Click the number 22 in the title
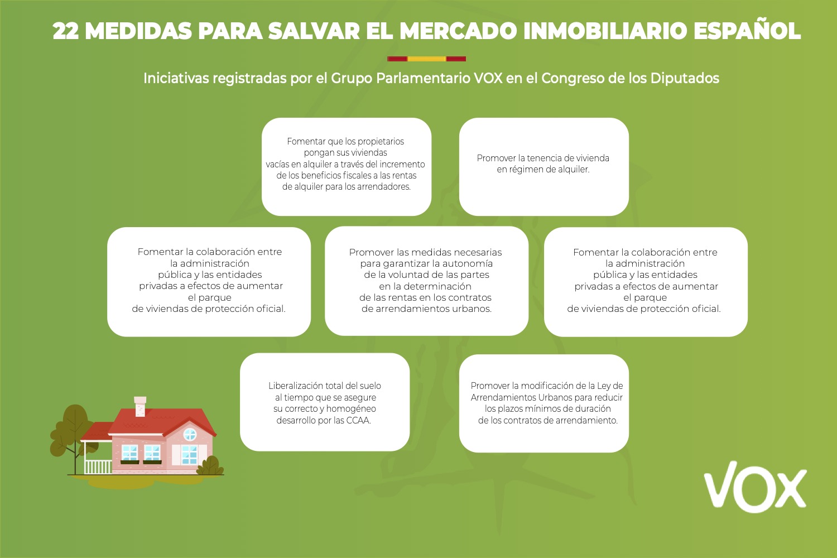[x=66, y=31]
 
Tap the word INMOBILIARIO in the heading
[x=605, y=31]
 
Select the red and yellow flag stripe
[x=426, y=59]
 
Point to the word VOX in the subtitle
[x=488, y=78]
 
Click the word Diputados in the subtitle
[x=685, y=79]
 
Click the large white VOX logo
[x=755, y=487]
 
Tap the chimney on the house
[x=140, y=406]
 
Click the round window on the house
[x=190, y=434]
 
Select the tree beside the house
[x=73, y=435]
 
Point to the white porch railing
[x=98, y=467]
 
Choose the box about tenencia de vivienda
[x=543, y=167]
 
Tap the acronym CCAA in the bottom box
[x=358, y=421]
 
